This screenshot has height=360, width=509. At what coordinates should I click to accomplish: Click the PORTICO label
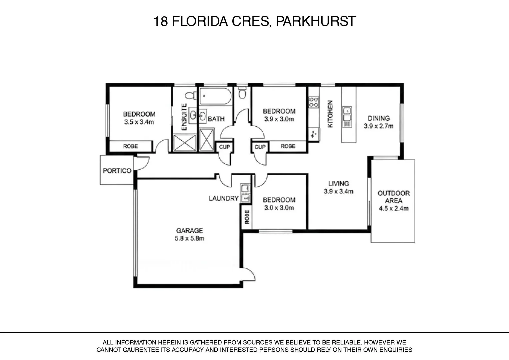(117, 171)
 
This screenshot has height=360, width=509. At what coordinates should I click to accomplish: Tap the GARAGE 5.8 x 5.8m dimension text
(189, 239)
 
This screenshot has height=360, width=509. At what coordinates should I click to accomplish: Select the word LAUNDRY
(224, 198)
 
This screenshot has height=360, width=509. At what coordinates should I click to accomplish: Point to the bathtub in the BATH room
(215, 96)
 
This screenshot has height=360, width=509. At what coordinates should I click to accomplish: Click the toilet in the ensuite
(191, 96)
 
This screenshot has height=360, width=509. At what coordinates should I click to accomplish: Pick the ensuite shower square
(185, 142)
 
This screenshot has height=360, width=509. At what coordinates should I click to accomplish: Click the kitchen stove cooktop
(314, 102)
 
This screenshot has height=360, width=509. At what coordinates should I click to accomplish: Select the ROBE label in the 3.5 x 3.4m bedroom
(130, 146)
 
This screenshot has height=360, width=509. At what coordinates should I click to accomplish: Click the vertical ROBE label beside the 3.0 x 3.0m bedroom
(247, 217)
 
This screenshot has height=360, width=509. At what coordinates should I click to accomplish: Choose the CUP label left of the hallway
(224, 147)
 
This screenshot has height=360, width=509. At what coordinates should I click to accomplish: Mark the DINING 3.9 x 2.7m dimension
(378, 126)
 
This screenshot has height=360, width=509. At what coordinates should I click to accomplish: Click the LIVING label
(338, 183)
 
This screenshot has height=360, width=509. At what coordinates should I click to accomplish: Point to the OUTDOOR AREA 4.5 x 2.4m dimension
(393, 209)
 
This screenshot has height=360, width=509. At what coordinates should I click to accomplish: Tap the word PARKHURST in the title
(316, 21)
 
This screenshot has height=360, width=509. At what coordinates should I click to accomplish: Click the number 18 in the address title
(160, 21)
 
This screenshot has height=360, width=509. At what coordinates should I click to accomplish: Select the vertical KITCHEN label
(330, 114)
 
